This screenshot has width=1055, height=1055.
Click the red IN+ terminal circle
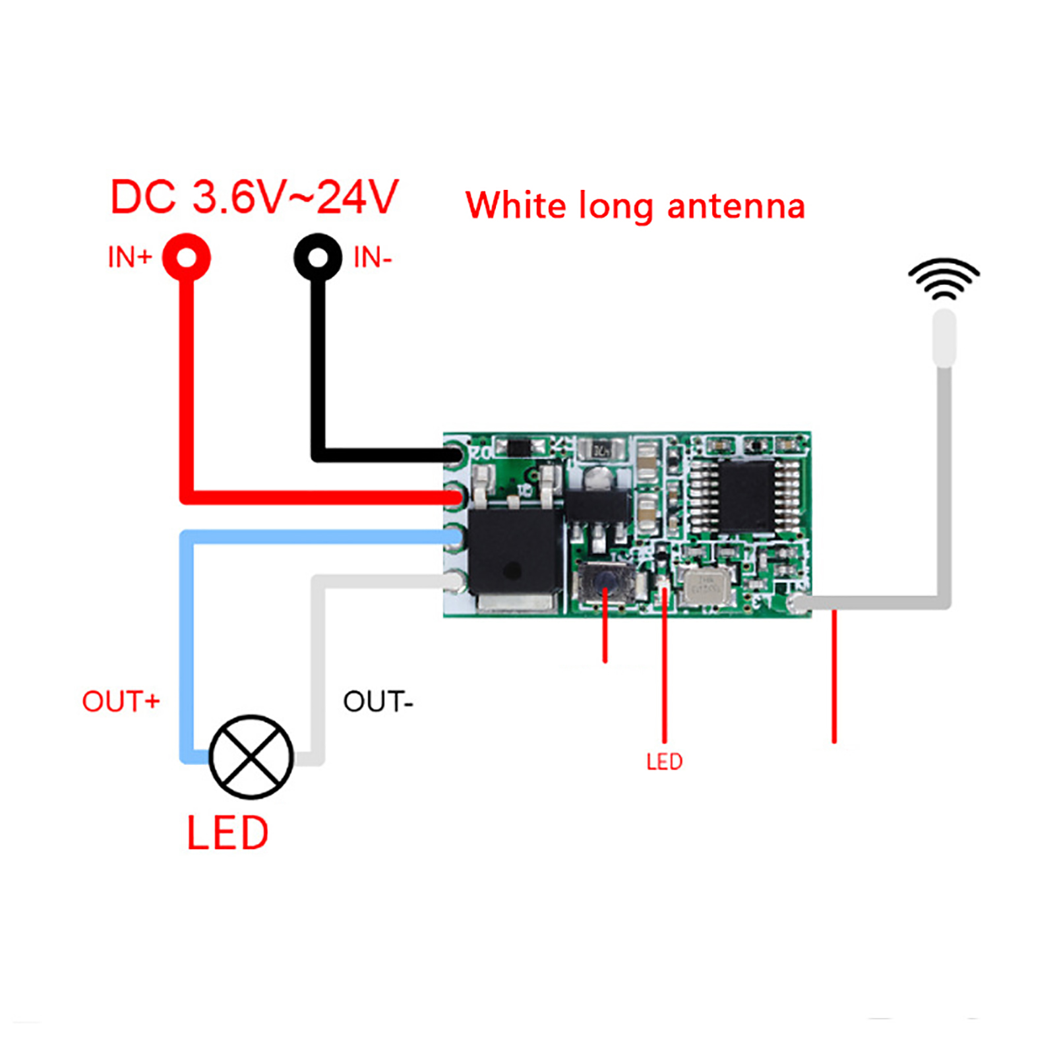(187, 257)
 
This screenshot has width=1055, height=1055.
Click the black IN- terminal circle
(318, 257)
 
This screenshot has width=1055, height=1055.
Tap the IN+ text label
(130, 257)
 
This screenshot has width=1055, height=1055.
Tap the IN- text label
(373, 258)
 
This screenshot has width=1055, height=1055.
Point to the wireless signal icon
(944, 278)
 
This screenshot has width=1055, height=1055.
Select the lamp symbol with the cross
(251, 757)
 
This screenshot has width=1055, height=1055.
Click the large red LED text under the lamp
(227, 833)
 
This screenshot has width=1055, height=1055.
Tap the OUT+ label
(121, 702)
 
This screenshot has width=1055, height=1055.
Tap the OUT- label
(377, 702)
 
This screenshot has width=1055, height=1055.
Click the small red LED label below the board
(664, 762)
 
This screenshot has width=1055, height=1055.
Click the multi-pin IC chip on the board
(746, 497)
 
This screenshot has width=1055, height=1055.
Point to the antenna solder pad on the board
(799, 602)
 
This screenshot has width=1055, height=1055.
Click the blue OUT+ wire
(187, 646)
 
